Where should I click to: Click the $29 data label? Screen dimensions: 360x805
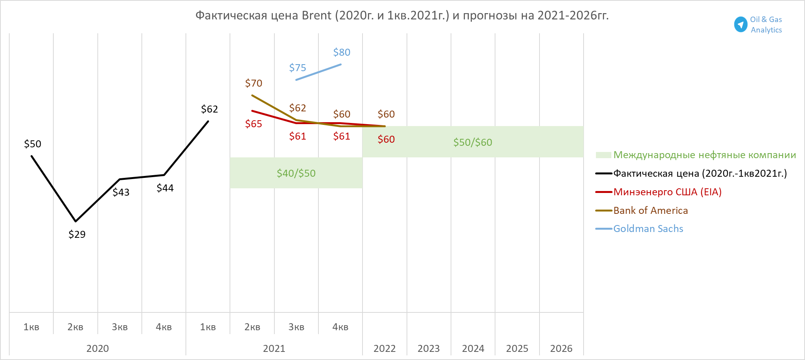(x=77, y=234)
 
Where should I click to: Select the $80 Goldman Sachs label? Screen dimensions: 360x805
(x=342, y=52)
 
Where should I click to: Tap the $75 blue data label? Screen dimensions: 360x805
(x=298, y=68)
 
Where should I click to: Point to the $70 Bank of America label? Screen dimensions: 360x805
(x=254, y=83)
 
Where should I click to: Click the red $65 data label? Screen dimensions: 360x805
(x=254, y=124)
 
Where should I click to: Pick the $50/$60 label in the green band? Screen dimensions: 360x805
(x=473, y=142)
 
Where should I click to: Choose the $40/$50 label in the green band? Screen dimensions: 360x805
(x=296, y=173)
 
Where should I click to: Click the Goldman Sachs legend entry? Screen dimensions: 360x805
(x=648, y=229)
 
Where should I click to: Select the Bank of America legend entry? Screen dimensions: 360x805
(x=650, y=210)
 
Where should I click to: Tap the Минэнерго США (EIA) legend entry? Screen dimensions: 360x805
(x=667, y=192)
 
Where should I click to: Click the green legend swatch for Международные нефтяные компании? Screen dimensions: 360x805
(x=603, y=155)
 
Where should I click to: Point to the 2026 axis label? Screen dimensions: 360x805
(x=561, y=348)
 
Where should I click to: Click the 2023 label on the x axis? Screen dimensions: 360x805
(x=429, y=348)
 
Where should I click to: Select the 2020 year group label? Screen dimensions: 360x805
(x=97, y=348)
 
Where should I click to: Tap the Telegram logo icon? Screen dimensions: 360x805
(x=740, y=24)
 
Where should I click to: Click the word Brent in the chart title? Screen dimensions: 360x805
(x=317, y=15)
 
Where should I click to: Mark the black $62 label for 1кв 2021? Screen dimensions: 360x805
(x=209, y=109)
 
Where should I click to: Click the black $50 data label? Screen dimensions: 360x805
(x=32, y=144)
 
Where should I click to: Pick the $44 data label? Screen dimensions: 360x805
(x=165, y=188)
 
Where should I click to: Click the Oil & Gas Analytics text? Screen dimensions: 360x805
(x=766, y=24)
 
